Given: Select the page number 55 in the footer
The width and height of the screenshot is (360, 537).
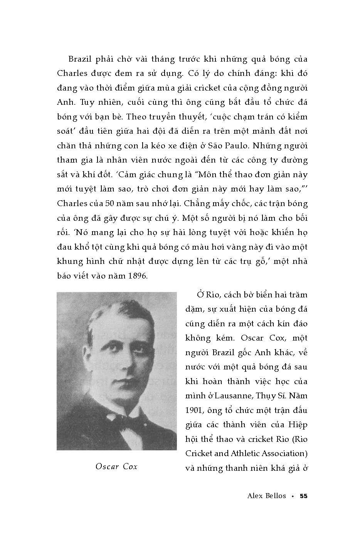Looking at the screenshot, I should click(304, 496).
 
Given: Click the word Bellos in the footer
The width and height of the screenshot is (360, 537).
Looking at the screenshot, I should click(275, 496).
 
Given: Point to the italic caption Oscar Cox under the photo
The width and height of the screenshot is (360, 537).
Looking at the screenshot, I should click(116, 467).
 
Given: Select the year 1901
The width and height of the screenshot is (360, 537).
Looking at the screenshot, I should click(193, 410).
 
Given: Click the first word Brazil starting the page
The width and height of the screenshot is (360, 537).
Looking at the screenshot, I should click(81, 59).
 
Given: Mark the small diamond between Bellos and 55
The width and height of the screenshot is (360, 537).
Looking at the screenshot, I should click(293, 496).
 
